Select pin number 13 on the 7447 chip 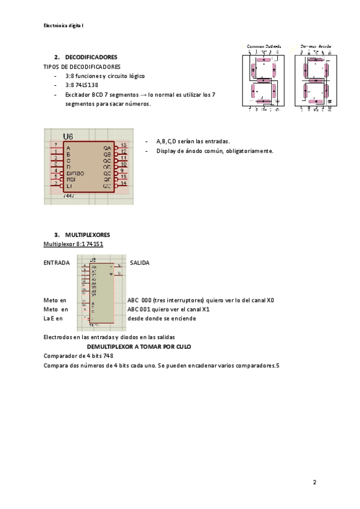point(123,145)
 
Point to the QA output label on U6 point(107,148)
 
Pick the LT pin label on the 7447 point(69,186)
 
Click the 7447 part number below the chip point(69,196)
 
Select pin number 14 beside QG point(123,183)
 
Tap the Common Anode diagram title point(316,46)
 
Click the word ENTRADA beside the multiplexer point(56,262)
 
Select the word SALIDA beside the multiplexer point(140,262)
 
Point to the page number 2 point(314,482)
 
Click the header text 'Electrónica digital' point(64,26)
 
